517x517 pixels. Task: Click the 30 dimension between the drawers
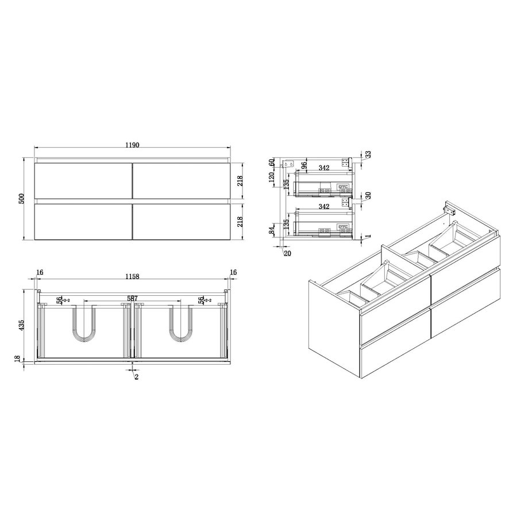pyautogui.click(x=368, y=195)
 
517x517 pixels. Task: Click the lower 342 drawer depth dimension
pyautogui.click(x=322, y=206)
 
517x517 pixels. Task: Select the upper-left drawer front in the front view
pyautogui.click(x=83, y=180)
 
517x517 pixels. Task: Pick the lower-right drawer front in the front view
pyautogui.click(x=182, y=222)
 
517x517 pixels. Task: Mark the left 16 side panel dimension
pyautogui.click(x=39, y=273)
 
